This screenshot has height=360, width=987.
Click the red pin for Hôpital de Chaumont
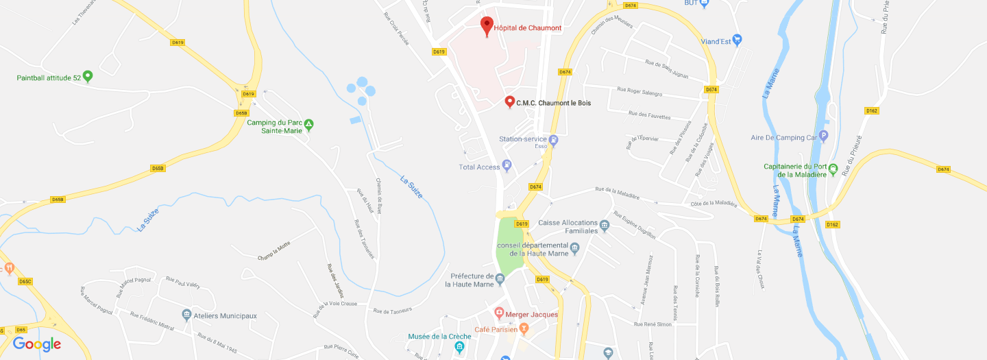[487, 25]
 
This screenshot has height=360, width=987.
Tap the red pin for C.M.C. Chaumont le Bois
[509, 101]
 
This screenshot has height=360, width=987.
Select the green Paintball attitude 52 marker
[87, 76]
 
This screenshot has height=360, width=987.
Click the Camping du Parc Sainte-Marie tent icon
[309, 124]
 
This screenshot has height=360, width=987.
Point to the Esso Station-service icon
[554, 140]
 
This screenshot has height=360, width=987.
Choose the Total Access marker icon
[507, 165]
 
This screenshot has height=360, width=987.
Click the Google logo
[37, 344]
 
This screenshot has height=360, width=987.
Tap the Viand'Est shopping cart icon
[737, 40]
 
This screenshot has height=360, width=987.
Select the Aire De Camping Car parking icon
[824, 136]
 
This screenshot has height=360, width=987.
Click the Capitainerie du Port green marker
[833, 168]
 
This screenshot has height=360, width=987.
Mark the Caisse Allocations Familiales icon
[604, 224]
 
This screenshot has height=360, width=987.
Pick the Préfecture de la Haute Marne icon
[500, 278]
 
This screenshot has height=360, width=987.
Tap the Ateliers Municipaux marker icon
[186, 315]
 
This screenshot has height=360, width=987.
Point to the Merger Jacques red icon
[500, 313]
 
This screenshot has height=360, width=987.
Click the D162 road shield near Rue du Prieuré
[871, 110]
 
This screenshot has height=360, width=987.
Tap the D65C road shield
[25, 281]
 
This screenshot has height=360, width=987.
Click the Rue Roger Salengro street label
[639, 91]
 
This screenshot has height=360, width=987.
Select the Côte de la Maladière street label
[714, 203]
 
